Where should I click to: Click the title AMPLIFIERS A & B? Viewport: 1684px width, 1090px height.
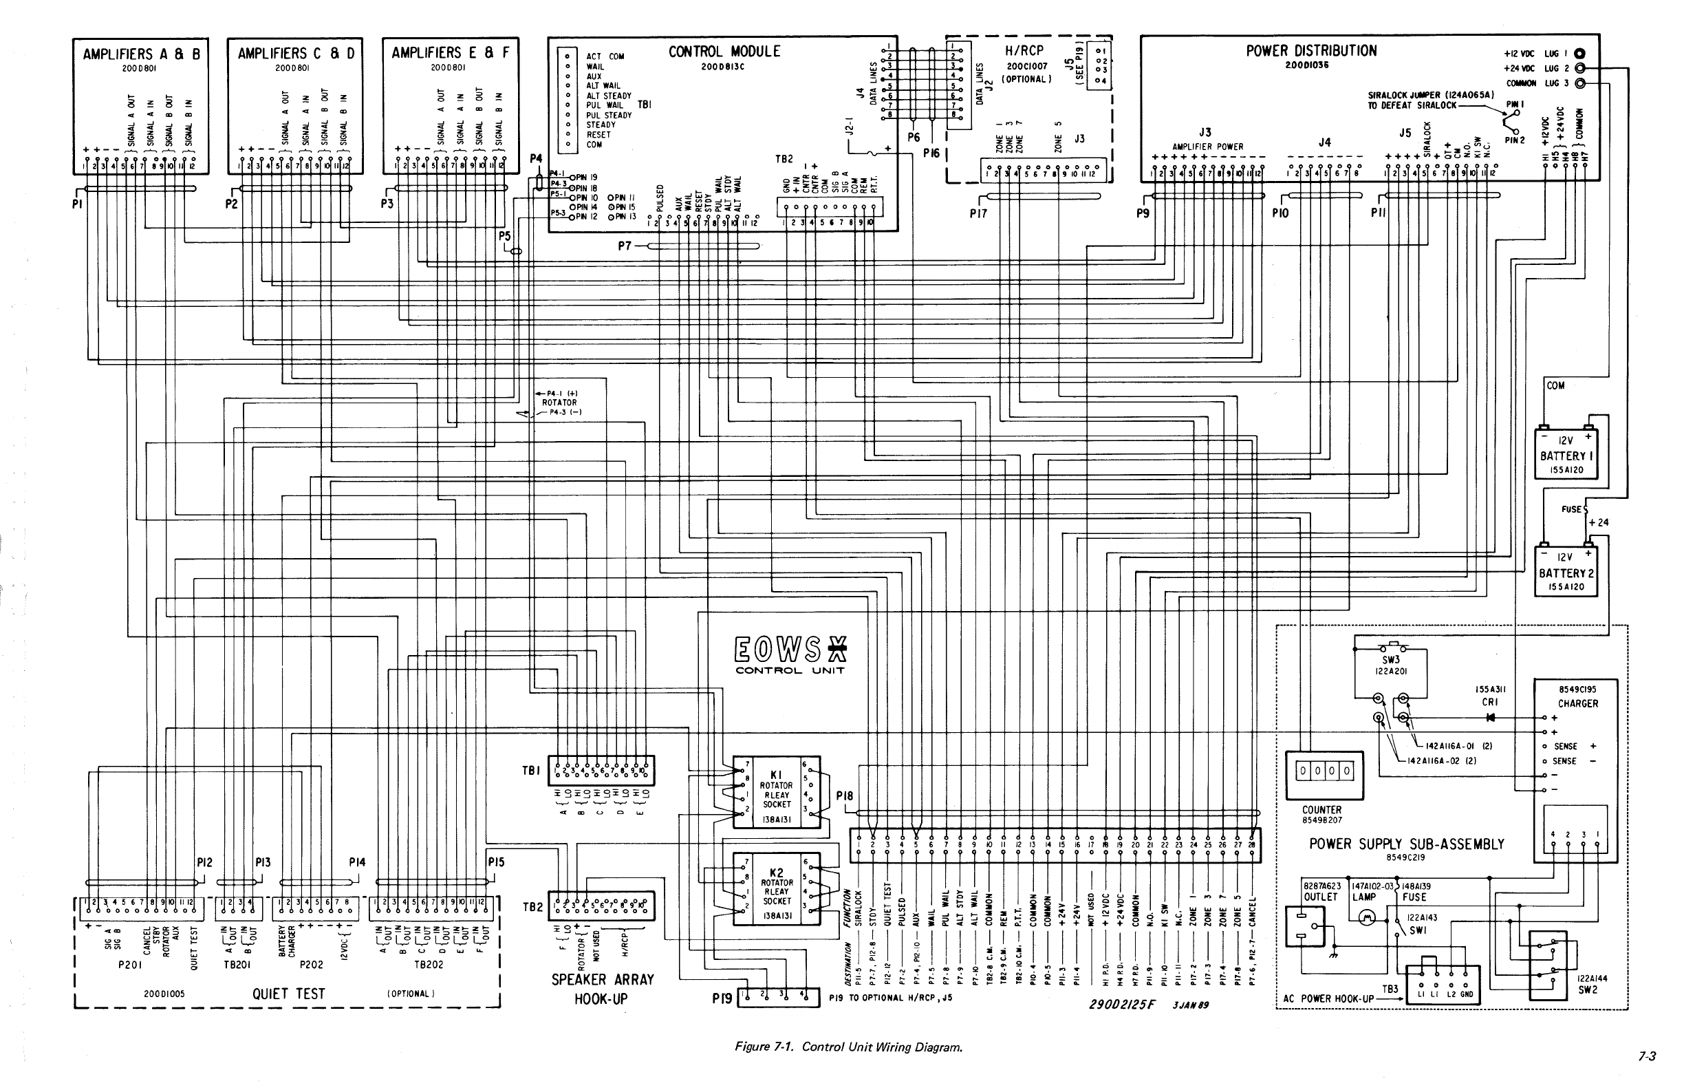142,54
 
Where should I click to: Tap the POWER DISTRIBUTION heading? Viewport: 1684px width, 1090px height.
1311,51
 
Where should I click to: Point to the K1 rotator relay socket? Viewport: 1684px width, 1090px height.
776,791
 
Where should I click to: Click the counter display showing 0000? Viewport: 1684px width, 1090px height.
1323,771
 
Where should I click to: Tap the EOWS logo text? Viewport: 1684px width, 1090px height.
790,649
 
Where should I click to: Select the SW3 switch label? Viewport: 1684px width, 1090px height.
1391,660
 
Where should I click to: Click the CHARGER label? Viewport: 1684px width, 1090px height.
1577,703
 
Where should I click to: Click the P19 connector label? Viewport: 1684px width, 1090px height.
722,998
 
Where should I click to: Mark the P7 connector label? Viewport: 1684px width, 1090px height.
624,246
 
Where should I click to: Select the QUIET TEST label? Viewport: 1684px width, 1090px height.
289,994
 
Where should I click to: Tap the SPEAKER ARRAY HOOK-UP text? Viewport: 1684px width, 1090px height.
603,989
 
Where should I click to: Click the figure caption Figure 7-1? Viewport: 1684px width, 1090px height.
848,1047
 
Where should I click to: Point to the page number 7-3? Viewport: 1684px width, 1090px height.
1648,1076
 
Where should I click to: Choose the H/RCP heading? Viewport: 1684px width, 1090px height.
1024,51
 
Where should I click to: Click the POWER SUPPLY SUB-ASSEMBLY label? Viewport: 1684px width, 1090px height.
1407,844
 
